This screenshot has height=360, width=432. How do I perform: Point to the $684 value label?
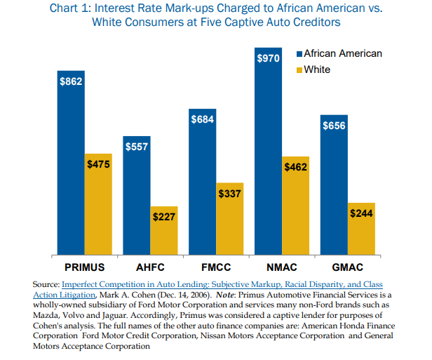click(203, 120)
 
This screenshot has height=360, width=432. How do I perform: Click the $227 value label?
click(165, 217)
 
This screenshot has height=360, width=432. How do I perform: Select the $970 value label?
click(268, 60)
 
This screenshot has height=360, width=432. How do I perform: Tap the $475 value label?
click(98, 164)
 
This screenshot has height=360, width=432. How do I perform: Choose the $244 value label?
click(362, 213)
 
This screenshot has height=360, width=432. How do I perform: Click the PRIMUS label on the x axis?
click(85, 267)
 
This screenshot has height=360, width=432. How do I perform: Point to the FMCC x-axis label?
click(216, 267)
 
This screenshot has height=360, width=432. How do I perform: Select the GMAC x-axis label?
click(349, 267)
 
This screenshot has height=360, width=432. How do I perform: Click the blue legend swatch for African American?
click(299, 54)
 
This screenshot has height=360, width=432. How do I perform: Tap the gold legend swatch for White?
click(299, 69)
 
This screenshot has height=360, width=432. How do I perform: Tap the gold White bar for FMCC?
click(230, 218)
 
